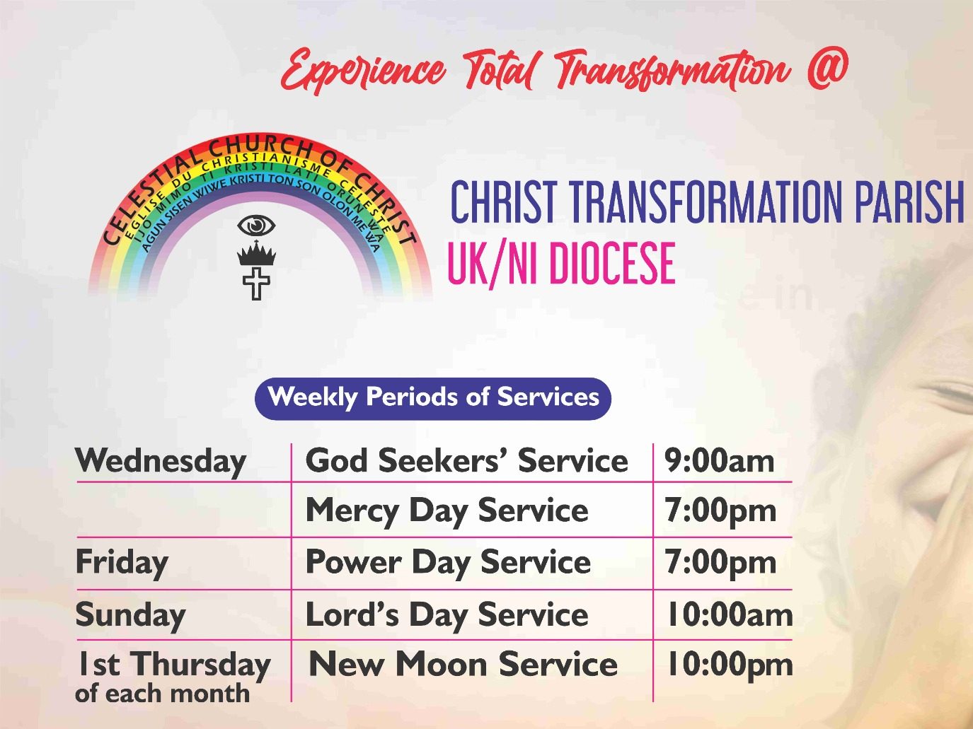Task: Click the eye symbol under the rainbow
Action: [x=256, y=226]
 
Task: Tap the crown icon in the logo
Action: [x=256, y=254]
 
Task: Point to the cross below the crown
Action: [x=256, y=284]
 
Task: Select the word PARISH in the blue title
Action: [x=909, y=202]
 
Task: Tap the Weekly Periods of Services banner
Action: [x=432, y=398]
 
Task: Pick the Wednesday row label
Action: [x=161, y=462]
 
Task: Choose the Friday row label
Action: [x=122, y=562]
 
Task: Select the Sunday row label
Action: [x=130, y=616]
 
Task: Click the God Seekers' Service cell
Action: [x=466, y=461]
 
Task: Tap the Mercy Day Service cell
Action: [x=447, y=511]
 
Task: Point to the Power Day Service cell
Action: [x=448, y=563]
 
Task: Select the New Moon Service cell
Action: [x=463, y=665]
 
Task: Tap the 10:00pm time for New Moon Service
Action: [x=730, y=665]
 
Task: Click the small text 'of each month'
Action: [x=162, y=694]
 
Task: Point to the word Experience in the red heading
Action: [x=362, y=71]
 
